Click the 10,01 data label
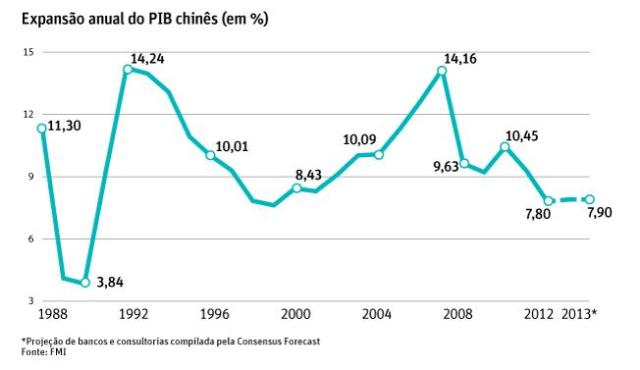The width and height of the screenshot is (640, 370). [x=232, y=147]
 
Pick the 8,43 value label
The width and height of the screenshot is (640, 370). [x=321, y=176]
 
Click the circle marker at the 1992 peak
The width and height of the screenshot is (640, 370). [x=128, y=69]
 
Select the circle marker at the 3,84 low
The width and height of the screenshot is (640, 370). [x=85, y=283]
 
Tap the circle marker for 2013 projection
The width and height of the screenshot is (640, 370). [x=590, y=199]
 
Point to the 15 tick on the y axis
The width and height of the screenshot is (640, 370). [x=29, y=52]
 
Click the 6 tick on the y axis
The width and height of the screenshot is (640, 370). [x=31, y=238]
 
